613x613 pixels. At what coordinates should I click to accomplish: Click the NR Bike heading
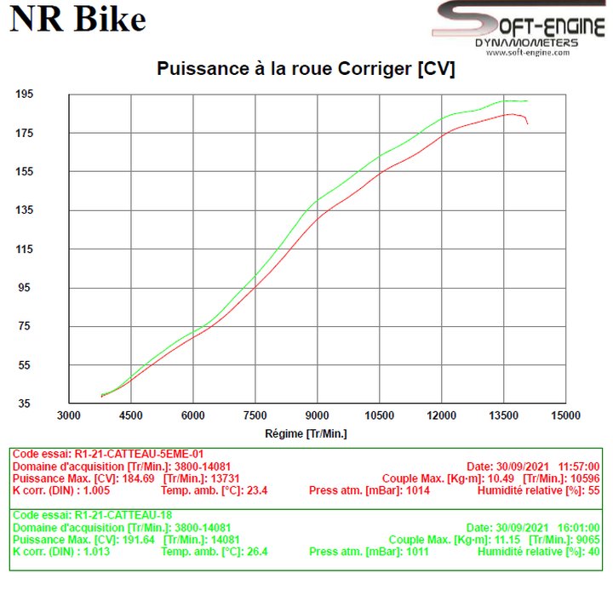(77, 19)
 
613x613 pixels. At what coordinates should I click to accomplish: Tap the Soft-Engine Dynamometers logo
(519, 28)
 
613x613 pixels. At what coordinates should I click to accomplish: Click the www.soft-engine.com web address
(528, 53)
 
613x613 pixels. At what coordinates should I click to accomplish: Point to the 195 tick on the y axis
(24, 95)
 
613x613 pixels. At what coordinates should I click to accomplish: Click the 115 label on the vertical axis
(24, 249)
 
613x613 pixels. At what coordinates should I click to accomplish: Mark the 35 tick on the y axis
(24, 403)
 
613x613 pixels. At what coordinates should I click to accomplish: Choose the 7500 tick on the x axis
(255, 415)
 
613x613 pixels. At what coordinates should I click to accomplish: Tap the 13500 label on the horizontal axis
(503, 415)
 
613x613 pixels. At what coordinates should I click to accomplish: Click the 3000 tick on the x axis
(69, 415)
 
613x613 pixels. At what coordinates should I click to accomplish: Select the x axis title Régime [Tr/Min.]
(306, 433)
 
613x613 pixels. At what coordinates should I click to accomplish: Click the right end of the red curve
(527, 123)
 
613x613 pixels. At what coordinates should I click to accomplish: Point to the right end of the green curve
(527, 100)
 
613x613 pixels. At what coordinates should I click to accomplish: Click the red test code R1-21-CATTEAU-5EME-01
(139, 454)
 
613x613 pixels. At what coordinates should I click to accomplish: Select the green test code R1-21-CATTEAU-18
(123, 515)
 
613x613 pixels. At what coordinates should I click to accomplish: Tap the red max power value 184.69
(139, 478)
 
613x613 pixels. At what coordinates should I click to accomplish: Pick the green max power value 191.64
(139, 540)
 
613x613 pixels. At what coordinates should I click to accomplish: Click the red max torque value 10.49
(501, 478)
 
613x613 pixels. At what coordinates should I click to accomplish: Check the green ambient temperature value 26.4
(257, 552)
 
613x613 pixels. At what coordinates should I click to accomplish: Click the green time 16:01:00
(578, 527)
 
